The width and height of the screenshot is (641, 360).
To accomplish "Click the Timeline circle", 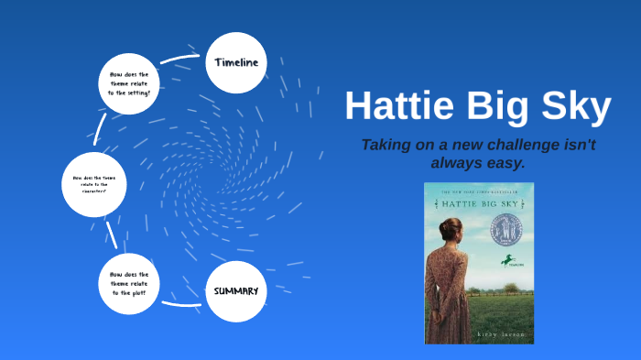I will (x=236, y=62).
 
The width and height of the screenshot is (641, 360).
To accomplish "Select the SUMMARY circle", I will (x=236, y=290).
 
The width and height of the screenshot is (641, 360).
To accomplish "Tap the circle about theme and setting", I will (x=129, y=83).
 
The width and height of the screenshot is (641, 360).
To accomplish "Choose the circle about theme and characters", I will (x=92, y=184).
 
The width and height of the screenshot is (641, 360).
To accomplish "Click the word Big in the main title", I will (x=500, y=107).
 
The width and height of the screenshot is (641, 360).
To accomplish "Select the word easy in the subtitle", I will (x=504, y=162).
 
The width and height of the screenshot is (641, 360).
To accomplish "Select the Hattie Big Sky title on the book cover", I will (x=478, y=204).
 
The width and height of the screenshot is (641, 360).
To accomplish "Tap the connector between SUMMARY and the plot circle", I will (x=181, y=302).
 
